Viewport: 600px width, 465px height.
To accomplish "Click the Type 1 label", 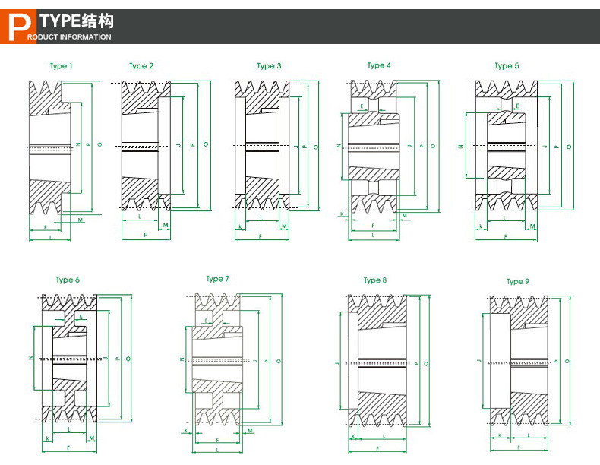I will click(61, 66).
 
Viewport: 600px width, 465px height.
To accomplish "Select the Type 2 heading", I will click(141, 66).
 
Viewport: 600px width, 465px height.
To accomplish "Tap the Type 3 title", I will click(269, 66).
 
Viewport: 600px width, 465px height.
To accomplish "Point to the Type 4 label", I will click(378, 65).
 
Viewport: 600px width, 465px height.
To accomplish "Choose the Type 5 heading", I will click(507, 66).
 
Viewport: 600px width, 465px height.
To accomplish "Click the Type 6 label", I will click(68, 280).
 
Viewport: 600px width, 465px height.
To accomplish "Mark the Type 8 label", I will click(374, 280).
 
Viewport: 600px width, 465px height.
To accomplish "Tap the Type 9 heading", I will click(517, 282).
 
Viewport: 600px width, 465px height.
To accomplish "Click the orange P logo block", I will click(13, 27).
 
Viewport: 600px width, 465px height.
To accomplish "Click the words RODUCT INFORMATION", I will click(69, 36).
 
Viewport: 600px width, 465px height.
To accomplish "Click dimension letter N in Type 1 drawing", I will click(78, 144).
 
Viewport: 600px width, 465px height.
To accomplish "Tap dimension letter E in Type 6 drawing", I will click(81, 315).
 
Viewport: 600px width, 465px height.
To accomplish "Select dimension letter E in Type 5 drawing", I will click(517, 106).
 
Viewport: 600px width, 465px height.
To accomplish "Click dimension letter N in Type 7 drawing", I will click(181, 359).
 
